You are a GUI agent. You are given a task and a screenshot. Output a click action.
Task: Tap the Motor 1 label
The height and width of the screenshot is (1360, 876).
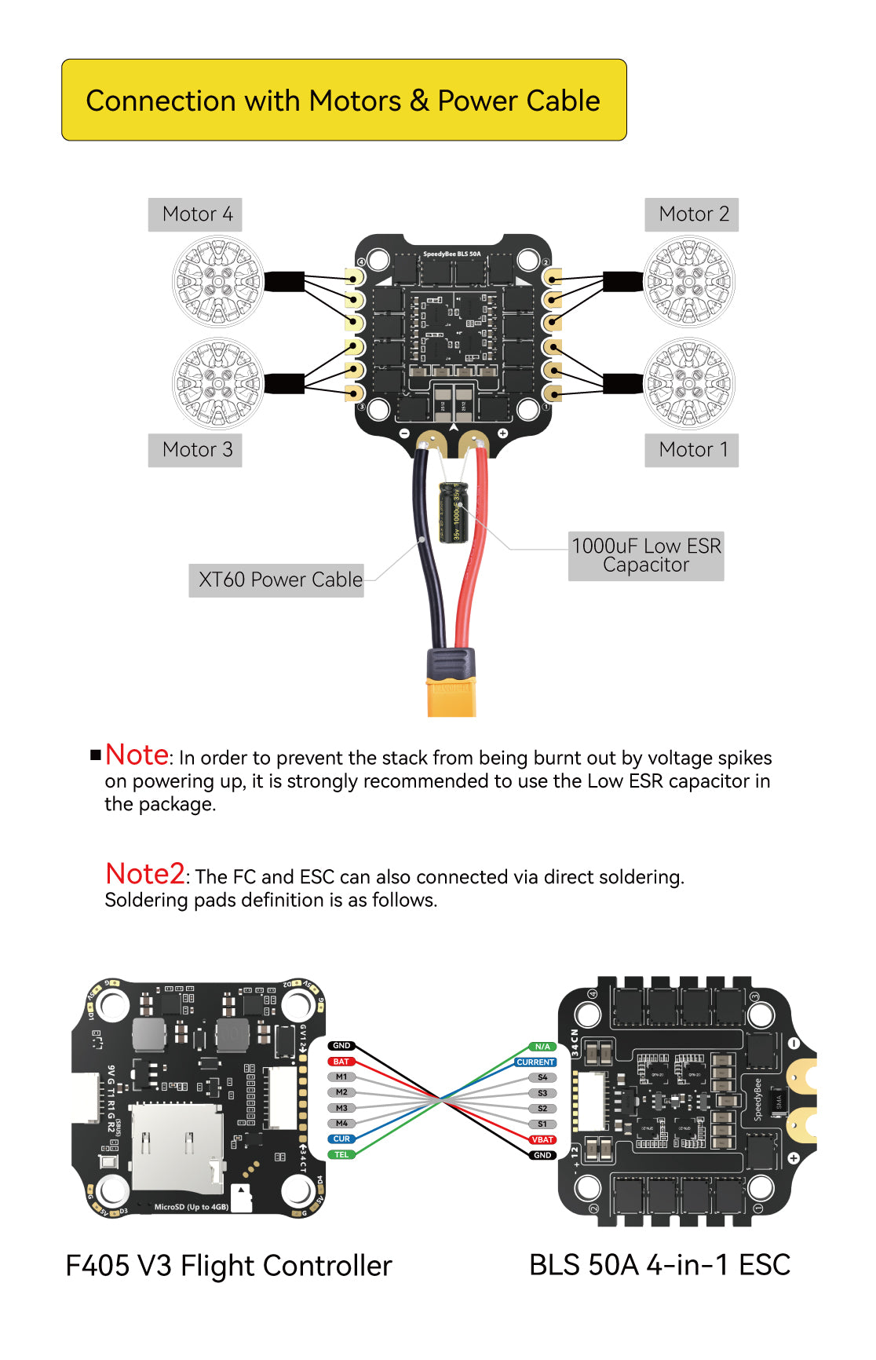tap(692, 450)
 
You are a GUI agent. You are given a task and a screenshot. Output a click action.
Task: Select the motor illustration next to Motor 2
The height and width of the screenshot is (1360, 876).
tap(689, 281)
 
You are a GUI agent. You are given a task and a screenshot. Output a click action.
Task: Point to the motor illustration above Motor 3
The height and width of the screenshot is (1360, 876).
tap(217, 383)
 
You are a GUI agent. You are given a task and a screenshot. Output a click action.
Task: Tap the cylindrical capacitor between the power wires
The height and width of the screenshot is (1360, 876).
tap(453, 512)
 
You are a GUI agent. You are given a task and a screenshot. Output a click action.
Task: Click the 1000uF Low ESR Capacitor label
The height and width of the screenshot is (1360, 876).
tap(645, 555)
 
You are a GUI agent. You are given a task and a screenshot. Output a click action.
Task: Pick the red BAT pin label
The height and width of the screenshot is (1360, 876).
tap(341, 1062)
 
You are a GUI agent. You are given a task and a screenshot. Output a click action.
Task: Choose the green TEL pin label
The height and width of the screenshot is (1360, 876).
tap(341, 1154)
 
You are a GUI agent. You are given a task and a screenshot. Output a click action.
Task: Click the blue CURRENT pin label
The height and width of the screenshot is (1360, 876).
tap(535, 1062)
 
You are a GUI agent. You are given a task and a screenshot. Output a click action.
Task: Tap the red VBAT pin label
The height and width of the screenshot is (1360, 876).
tap(542, 1139)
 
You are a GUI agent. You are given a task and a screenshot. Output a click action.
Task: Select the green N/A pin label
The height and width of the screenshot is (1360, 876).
tap(542, 1047)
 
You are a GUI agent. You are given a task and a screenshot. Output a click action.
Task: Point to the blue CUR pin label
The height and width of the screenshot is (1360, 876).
tap(341, 1139)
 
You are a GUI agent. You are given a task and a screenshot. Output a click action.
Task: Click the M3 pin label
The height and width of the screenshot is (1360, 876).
tap(341, 1108)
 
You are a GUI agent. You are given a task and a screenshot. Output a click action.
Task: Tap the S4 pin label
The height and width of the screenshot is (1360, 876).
tap(542, 1077)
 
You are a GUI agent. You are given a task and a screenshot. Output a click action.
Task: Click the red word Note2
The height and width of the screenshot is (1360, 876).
tap(145, 874)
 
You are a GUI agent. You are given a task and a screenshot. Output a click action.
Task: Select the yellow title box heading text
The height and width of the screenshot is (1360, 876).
tap(343, 101)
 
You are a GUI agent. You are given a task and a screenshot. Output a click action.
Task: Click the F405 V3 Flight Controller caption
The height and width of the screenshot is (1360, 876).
tap(228, 1266)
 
